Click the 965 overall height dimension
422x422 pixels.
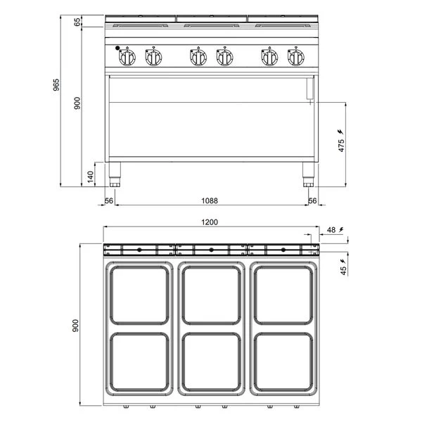tap(56, 84)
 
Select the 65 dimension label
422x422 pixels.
tap(77, 22)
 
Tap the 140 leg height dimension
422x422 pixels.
tap(91, 177)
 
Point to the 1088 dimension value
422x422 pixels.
tap(210, 200)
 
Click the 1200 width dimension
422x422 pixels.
tap(210, 222)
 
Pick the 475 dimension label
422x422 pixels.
tap(341, 146)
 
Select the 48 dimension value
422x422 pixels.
tap(331, 230)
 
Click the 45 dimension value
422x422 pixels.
tap(343, 271)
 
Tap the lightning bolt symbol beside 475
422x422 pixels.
tap(340, 132)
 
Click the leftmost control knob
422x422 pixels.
tap(127, 58)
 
